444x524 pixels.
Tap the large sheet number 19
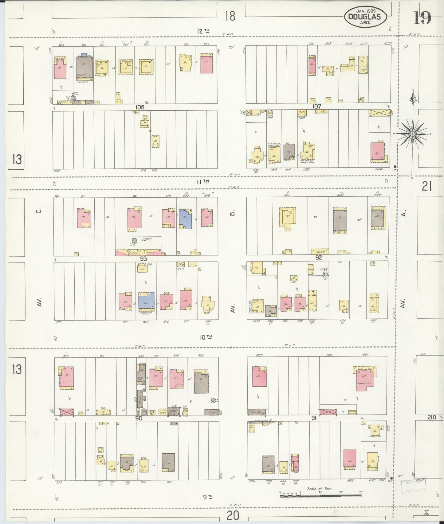tap(422, 17)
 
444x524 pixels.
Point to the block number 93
tap(143, 258)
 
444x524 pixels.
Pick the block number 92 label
tap(319, 257)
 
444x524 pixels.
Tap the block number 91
tap(314, 418)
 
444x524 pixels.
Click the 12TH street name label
tap(203, 31)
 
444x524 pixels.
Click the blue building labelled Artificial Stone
tap(146, 300)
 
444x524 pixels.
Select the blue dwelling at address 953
tap(185, 219)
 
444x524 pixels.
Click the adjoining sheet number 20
tap(233, 516)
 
